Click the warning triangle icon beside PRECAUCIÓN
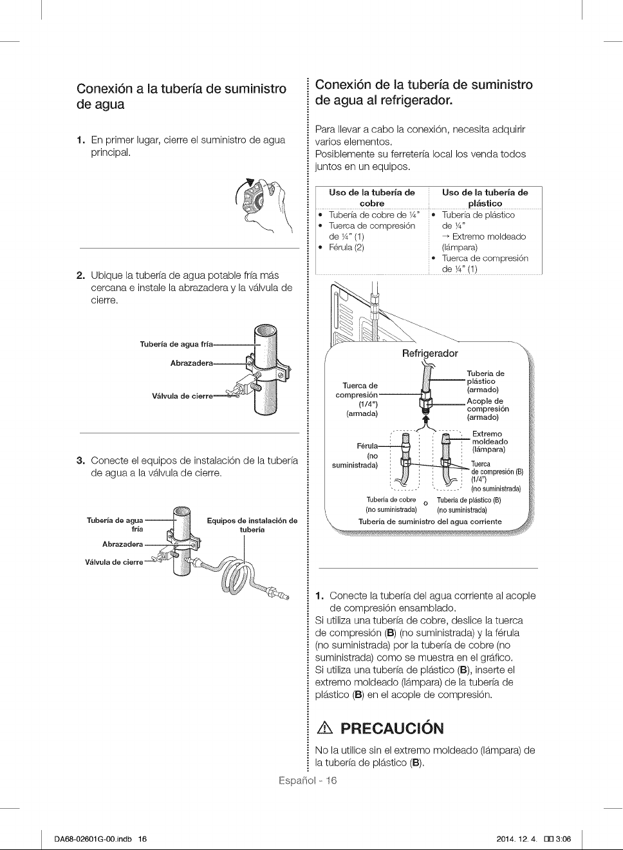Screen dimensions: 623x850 point(326,729)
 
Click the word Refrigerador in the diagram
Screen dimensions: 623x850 point(430,354)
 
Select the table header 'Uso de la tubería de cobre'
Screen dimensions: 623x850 point(372,198)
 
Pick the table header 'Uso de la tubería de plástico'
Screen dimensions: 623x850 point(485,198)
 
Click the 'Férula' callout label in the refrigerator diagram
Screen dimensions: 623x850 point(367,446)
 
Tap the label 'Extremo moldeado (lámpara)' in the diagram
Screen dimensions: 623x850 point(490,442)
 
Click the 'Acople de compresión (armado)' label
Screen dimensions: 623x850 point(488,409)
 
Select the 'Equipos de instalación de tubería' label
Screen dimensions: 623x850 point(252,525)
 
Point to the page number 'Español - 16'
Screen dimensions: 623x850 point(308,780)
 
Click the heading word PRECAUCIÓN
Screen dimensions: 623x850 point(392,728)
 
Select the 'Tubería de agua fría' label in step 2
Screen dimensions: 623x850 point(176,344)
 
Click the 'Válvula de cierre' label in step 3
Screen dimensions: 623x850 point(114,562)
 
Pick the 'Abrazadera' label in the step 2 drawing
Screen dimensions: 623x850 point(192,363)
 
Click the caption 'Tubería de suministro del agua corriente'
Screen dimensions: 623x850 point(430,522)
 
